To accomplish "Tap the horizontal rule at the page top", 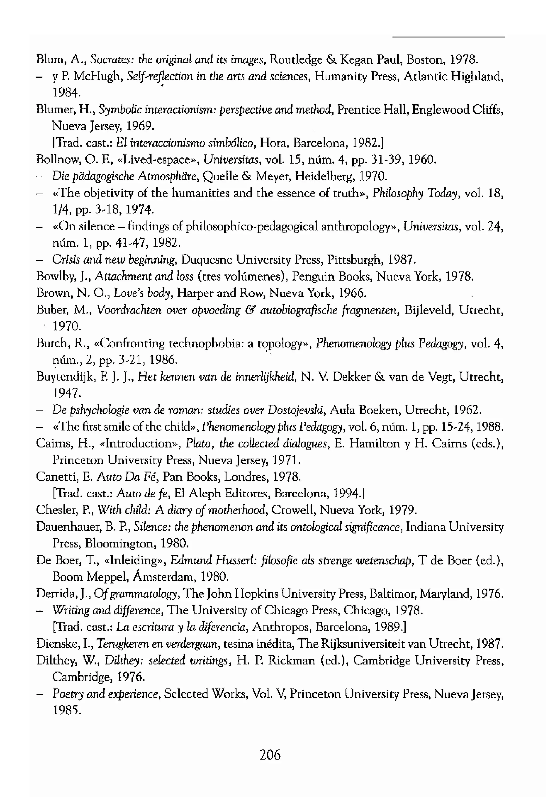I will coord(448,37).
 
